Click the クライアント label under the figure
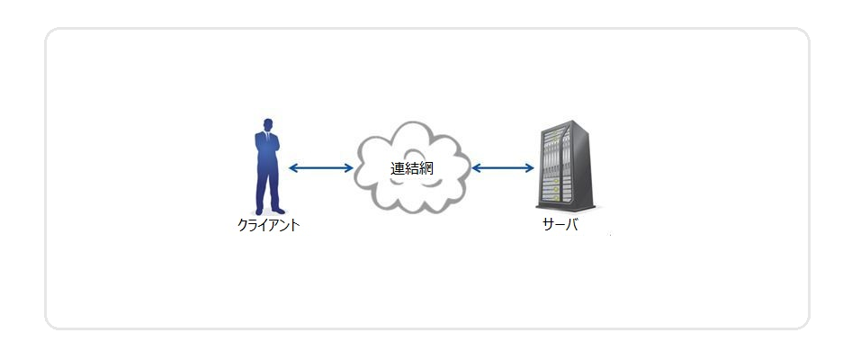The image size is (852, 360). point(268,225)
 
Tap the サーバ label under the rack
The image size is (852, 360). point(560,225)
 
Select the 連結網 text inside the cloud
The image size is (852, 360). point(412,168)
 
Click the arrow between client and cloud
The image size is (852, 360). point(320,168)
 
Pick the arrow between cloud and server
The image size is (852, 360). point(503,168)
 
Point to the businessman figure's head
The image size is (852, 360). point(267,124)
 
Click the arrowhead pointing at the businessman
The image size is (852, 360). point(292,168)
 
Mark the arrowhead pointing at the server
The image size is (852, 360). point(530,168)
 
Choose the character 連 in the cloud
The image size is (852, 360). point(398,168)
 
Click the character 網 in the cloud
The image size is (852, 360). point(426,168)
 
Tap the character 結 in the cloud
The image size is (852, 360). point(412,168)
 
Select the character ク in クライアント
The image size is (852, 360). point(243,225)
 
